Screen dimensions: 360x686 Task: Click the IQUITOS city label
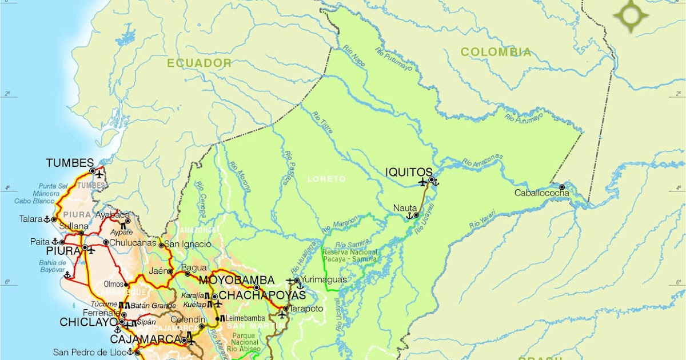pos(409,172)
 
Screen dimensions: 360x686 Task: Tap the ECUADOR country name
pos(199,63)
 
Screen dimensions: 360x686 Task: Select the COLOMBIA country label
pos(496,52)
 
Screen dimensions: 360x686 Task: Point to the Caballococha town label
pos(541,193)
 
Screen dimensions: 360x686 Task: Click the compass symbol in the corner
pos(631,15)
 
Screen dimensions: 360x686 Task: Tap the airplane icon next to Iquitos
pos(422,182)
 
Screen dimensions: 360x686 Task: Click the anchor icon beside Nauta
pos(409,216)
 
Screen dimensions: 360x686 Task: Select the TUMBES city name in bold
pos(70,163)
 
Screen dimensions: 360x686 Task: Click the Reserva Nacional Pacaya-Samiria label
pos(350,255)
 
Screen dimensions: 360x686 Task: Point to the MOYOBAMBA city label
pos(237,281)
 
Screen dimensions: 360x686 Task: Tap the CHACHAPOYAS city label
pos(262,295)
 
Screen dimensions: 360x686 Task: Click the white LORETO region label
pos(326,179)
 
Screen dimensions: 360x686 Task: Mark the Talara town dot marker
pos(54,219)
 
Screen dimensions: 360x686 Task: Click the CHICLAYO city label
pos(89,322)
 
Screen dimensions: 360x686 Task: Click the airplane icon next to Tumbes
pos(101,174)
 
